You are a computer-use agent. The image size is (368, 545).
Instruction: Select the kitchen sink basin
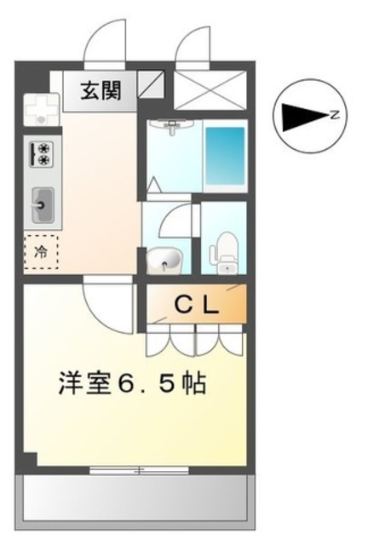(x=41, y=204)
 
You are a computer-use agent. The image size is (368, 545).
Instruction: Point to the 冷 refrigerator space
(x=41, y=251)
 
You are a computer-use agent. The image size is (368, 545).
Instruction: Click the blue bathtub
(x=225, y=157)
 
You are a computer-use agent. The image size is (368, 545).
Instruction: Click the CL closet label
(x=198, y=305)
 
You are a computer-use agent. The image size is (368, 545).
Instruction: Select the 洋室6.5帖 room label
(x=132, y=383)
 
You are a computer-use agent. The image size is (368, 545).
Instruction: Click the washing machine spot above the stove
(x=40, y=108)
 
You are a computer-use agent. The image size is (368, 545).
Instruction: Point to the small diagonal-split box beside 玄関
(x=150, y=85)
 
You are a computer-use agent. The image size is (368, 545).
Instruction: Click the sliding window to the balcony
(x=136, y=468)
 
